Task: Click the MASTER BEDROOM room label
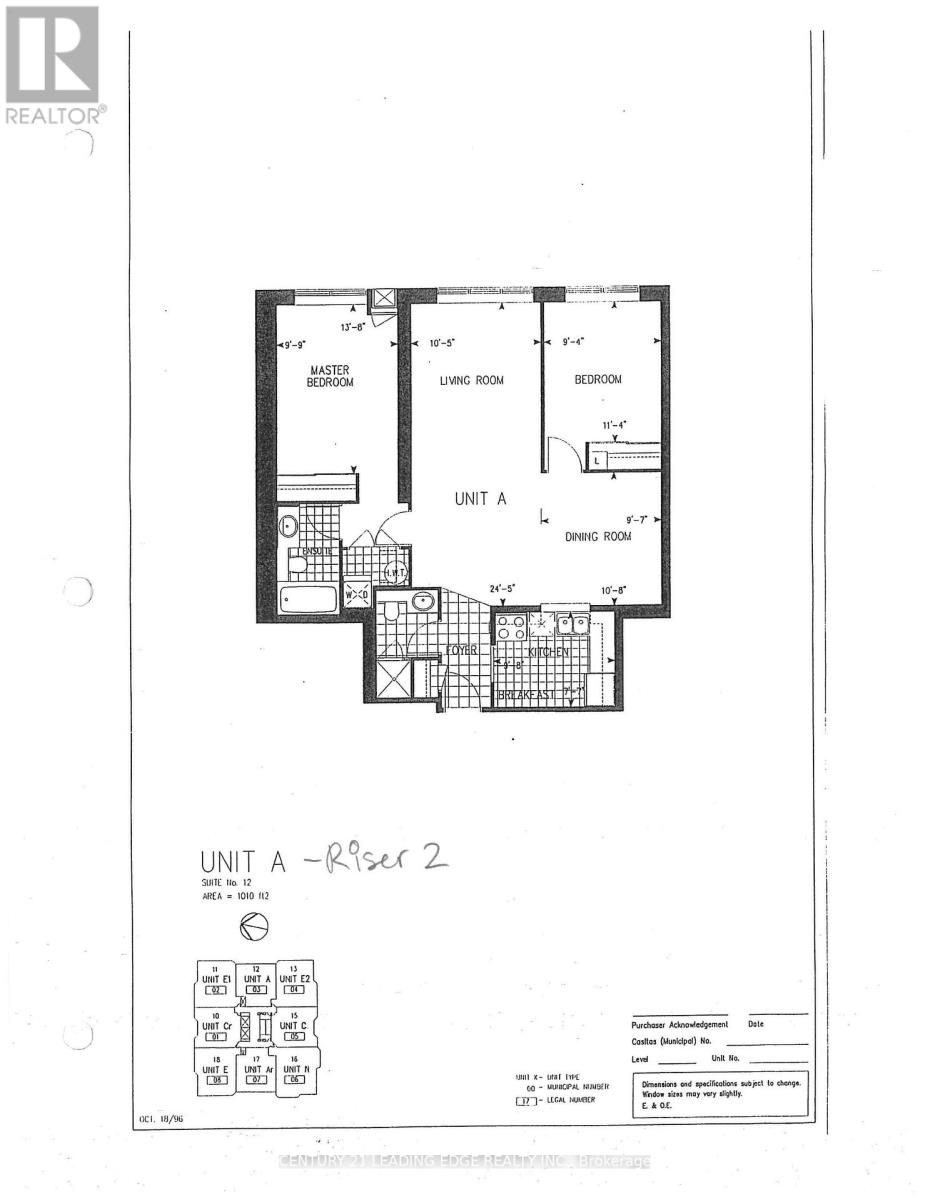pos(329,375)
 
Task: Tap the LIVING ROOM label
pos(471,380)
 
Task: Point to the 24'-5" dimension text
pos(502,590)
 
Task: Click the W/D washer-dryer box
pos(357,594)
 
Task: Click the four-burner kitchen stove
pos(512,627)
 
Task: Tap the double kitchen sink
pos(572,625)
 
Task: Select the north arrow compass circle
pos(254,928)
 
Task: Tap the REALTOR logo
pos(53,66)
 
